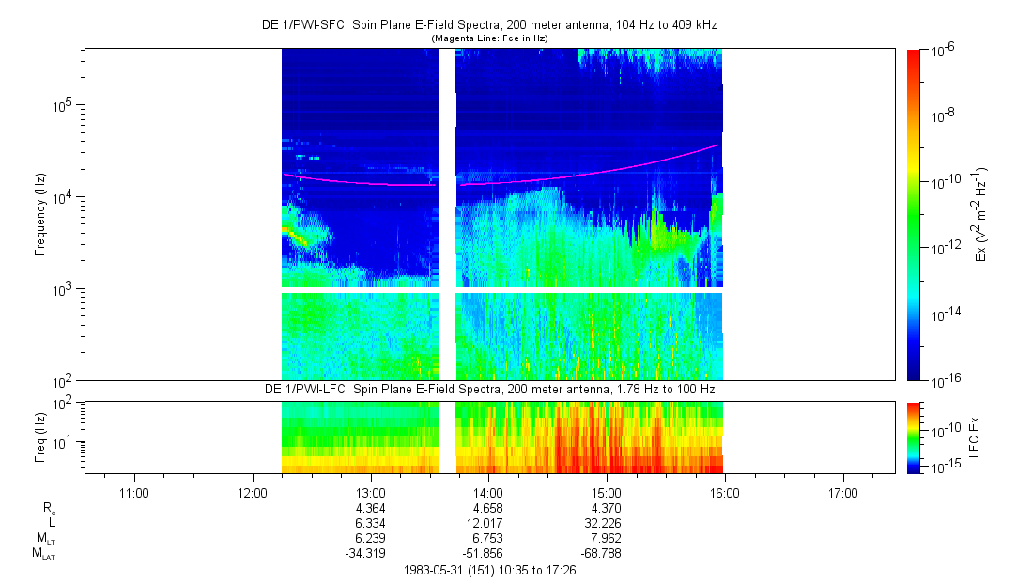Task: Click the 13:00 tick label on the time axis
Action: [x=371, y=492]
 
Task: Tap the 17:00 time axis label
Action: [x=842, y=492]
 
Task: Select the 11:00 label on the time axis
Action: [x=135, y=492]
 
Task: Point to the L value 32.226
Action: [x=607, y=523]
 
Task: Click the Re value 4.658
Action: [x=489, y=508]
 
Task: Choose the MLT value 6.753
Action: [x=489, y=538]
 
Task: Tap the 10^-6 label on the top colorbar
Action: [x=944, y=50]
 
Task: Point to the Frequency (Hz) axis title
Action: [x=40, y=214]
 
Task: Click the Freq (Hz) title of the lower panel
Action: [x=40, y=436]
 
